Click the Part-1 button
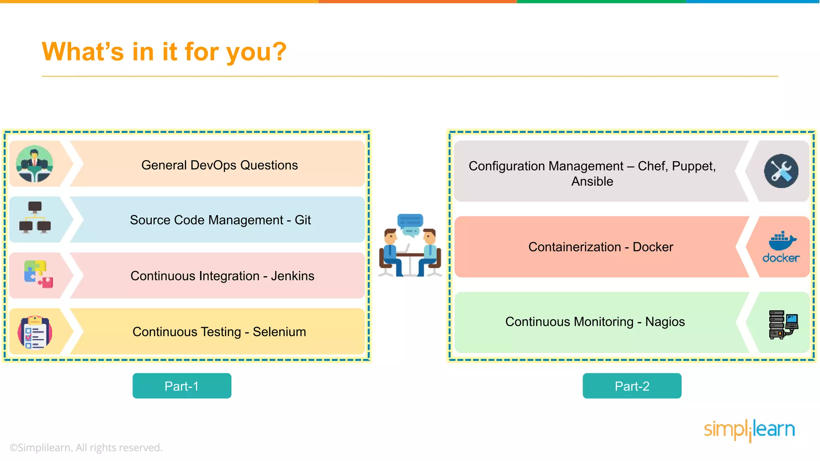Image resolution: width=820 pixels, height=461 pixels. coord(182,386)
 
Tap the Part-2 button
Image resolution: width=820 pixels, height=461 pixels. coord(632,386)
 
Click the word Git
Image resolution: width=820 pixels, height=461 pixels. coord(303,220)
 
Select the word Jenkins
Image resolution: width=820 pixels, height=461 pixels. coord(292,276)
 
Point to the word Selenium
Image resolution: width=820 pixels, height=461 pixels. coord(279,332)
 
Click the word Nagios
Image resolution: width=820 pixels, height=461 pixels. coord(665,322)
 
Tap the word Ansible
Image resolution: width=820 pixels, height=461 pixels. coord(592,182)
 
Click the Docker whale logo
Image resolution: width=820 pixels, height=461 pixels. coord(782,241)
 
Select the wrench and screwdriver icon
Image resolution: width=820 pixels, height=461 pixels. coord(781,171)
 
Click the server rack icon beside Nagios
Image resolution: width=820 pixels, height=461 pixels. coord(783,325)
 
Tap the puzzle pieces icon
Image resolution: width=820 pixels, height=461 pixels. coord(38,275)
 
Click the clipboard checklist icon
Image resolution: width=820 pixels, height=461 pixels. coord(35,332)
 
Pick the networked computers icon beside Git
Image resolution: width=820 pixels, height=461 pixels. coord(35,218)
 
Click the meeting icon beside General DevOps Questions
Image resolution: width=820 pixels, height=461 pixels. coord(34,164)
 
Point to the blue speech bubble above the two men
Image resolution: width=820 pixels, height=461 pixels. coord(410,221)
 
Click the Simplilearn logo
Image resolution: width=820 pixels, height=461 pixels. coord(749,430)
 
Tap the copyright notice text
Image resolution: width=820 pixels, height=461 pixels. coord(86,447)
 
